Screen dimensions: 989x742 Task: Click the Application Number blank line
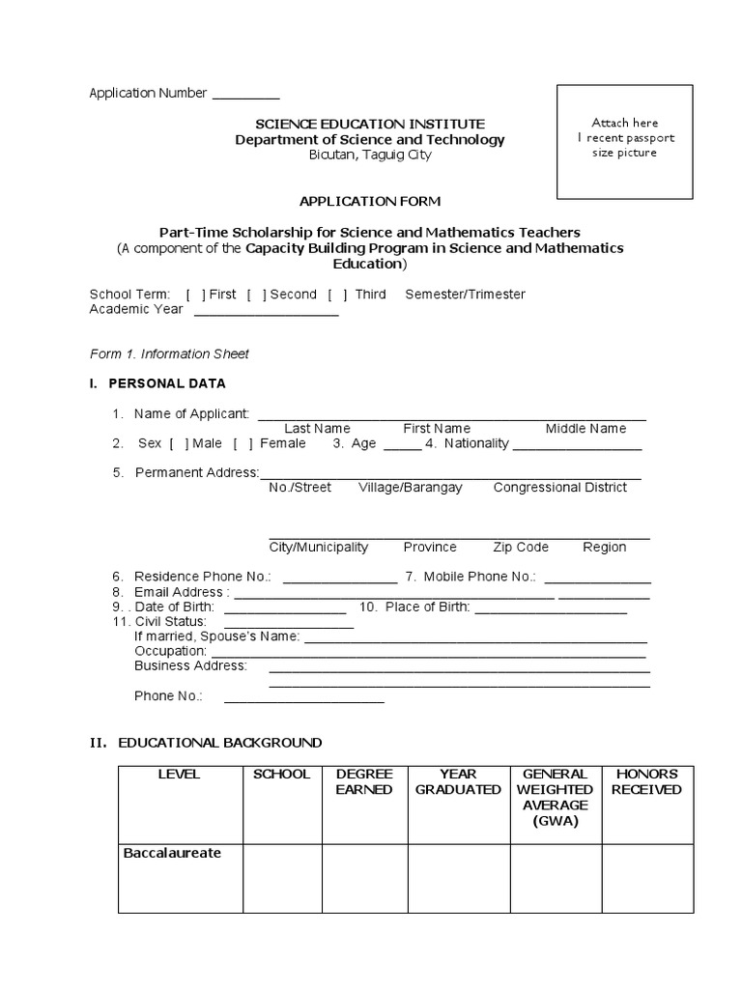click(x=245, y=97)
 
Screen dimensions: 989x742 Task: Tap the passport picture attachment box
click(x=624, y=140)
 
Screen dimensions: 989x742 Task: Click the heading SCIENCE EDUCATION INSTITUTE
click(x=370, y=124)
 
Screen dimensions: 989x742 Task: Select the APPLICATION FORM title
click(x=370, y=201)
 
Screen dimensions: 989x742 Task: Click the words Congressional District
click(x=560, y=488)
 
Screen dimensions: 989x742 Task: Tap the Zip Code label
click(x=521, y=547)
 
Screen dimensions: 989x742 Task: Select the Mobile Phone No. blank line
click(x=597, y=580)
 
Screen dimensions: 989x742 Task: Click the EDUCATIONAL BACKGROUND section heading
click(x=220, y=743)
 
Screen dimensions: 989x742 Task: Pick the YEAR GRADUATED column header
click(x=459, y=781)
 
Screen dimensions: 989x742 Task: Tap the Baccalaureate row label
click(x=173, y=854)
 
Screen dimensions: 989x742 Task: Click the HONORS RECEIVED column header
click(x=647, y=781)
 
